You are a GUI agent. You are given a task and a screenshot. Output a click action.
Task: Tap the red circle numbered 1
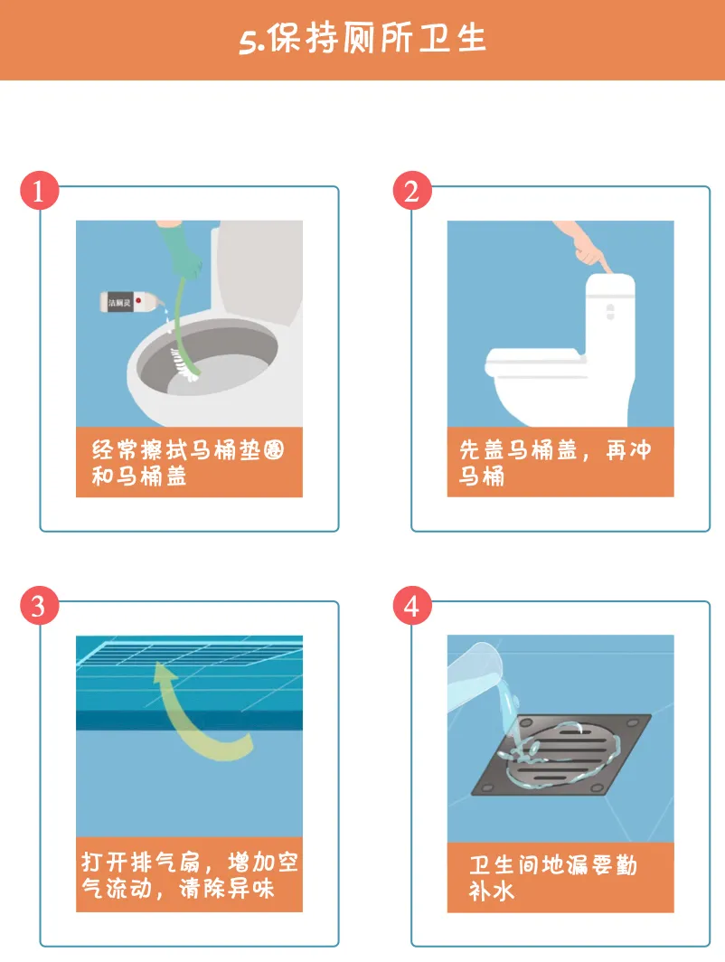(x=39, y=190)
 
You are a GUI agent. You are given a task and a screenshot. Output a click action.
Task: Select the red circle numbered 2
(x=412, y=190)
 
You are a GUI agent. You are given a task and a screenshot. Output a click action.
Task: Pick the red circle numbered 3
(x=39, y=606)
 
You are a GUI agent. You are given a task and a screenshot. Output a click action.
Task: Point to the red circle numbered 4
(x=412, y=606)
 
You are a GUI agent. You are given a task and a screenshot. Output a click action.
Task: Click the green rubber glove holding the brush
(x=181, y=249)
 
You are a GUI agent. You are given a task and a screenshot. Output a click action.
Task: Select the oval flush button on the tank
(x=609, y=312)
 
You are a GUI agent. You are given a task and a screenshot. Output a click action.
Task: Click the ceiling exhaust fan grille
(x=190, y=652)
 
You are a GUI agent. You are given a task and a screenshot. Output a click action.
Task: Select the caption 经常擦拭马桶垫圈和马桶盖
(x=188, y=463)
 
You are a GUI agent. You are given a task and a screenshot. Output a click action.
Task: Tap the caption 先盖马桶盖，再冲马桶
(x=554, y=463)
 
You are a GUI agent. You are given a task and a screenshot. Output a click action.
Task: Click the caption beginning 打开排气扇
(x=190, y=875)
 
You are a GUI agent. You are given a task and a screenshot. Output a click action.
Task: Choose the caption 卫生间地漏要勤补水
(x=552, y=877)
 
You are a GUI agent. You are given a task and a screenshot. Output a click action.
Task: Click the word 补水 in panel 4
(x=491, y=891)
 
